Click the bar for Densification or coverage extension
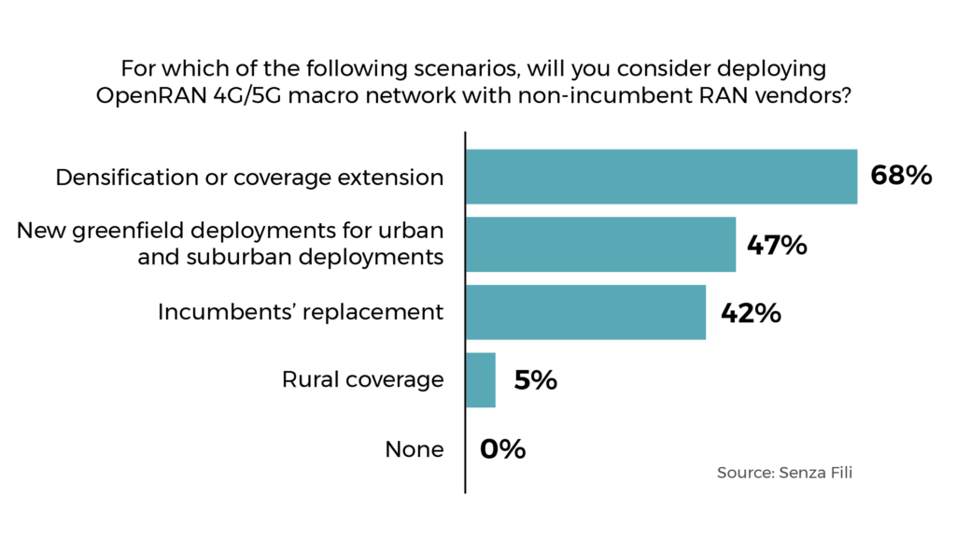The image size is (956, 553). pyautogui.click(x=661, y=177)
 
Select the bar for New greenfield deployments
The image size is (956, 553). pyautogui.click(x=600, y=245)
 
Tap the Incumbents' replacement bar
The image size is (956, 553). pyautogui.click(x=585, y=312)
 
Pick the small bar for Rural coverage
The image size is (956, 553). pyautogui.click(x=481, y=379)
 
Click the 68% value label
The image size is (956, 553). pyautogui.click(x=901, y=176)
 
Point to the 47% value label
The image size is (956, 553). pyautogui.click(x=776, y=245)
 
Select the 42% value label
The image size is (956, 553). pyautogui.click(x=751, y=312)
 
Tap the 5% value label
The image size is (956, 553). pyautogui.click(x=535, y=380)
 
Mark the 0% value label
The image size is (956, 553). pyautogui.click(x=503, y=449)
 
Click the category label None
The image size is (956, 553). pyautogui.click(x=414, y=449)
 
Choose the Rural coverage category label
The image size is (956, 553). pyautogui.click(x=362, y=380)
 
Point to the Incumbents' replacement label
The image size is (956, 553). pyautogui.click(x=300, y=312)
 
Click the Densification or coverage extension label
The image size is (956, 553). pyautogui.click(x=249, y=177)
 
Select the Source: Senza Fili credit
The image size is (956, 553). pyautogui.click(x=784, y=473)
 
